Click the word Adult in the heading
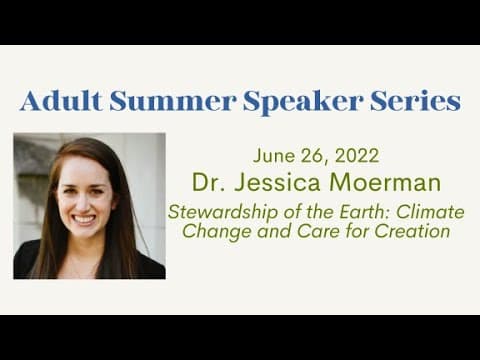tap(61, 100)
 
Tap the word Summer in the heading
tap(173, 101)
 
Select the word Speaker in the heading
tap(303, 102)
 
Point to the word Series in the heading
tap(415, 101)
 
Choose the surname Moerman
tap(384, 182)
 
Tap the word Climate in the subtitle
tap(430, 211)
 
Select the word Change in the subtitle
tap(216, 232)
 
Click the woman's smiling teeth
tap(84, 220)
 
